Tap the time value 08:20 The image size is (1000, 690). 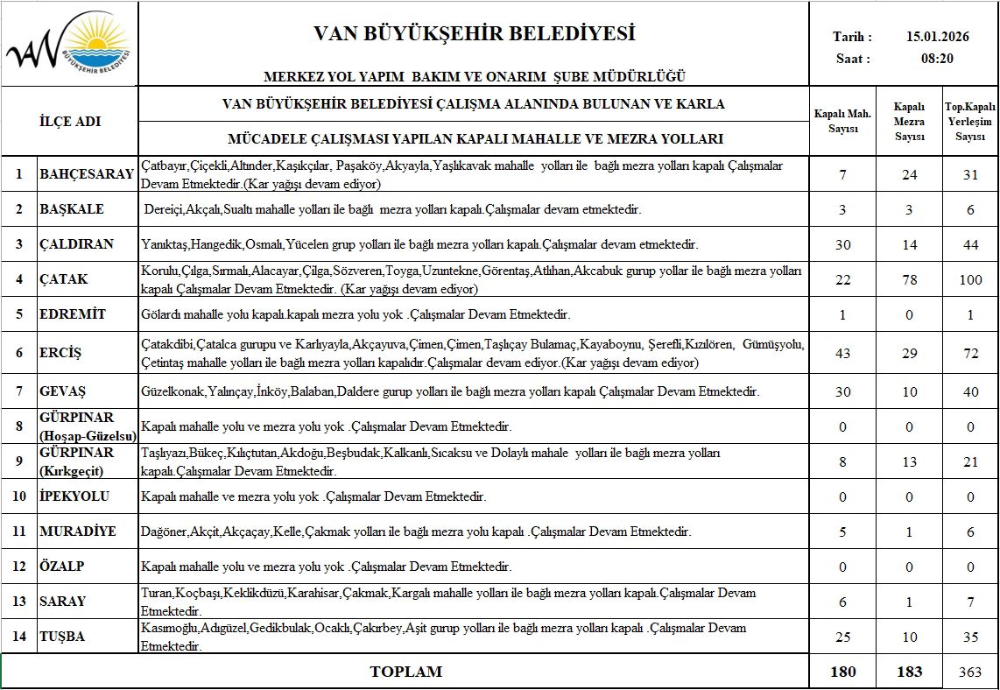point(936,59)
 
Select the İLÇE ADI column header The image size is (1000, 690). point(70,122)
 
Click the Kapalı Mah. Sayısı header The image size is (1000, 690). point(842,122)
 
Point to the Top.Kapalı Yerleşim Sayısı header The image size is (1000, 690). point(970,122)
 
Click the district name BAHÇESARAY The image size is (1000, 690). point(87,173)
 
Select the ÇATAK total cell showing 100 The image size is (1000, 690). point(970,280)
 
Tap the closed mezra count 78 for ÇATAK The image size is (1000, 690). point(909,280)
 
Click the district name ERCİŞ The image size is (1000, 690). point(60,353)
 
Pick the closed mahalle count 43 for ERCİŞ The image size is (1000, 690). point(842,353)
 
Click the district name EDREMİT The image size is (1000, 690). point(73,313)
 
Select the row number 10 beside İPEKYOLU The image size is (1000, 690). point(18,496)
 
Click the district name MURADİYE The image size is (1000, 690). point(78,532)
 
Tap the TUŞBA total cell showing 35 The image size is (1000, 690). point(970,637)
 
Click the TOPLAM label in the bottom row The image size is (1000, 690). point(406,672)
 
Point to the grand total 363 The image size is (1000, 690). point(970,672)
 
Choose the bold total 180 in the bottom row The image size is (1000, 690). point(842,672)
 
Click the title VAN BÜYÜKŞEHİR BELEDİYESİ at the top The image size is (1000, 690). point(474,34)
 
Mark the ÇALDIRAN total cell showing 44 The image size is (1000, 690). point(970,244)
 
